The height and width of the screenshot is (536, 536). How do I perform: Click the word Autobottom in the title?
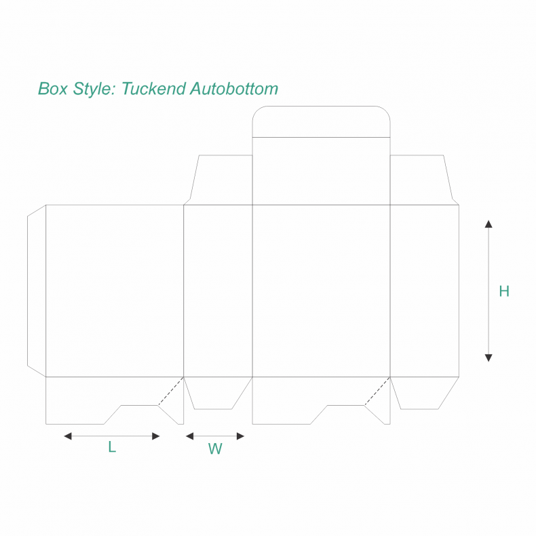pyautogui.click(x=234, y=89)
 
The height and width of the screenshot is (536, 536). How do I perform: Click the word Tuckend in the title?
pyautogui.click(x=154, y=89)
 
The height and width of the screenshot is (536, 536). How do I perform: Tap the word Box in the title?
pyautogui.click(x=52, y=89)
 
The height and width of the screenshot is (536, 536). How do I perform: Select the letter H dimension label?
pyautogui.click(x=504, y=292)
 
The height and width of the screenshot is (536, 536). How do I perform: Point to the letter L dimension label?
pyautogui.click(x=112, y=447)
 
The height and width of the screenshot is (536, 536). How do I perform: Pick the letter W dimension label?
pyautogui.click(x=215, y=448)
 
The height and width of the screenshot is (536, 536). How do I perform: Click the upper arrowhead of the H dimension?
pyautogui.click(x=488, y=223)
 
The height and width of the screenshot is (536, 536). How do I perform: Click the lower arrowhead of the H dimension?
pyautogui.click(x=488, y=358)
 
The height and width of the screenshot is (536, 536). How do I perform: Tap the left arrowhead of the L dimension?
pyautogui.click(x=67, y=436)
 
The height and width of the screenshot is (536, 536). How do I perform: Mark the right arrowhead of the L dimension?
pyautogui.click(x=157, y=436)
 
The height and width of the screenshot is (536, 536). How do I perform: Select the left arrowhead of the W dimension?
pyautogui.click(x=189, y=436)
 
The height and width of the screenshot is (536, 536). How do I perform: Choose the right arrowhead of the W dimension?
pyautogui.click(x=240, y=436)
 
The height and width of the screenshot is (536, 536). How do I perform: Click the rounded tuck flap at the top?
pyautogui.click(x=321, y=122)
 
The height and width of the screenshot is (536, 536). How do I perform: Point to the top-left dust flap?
pyautogui.click(x=221, y=180)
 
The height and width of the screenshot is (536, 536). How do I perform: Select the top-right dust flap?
pyautogui.click(x=421, y=180)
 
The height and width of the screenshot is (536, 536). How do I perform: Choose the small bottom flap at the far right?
pyautogui.click(x=424, y=394)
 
